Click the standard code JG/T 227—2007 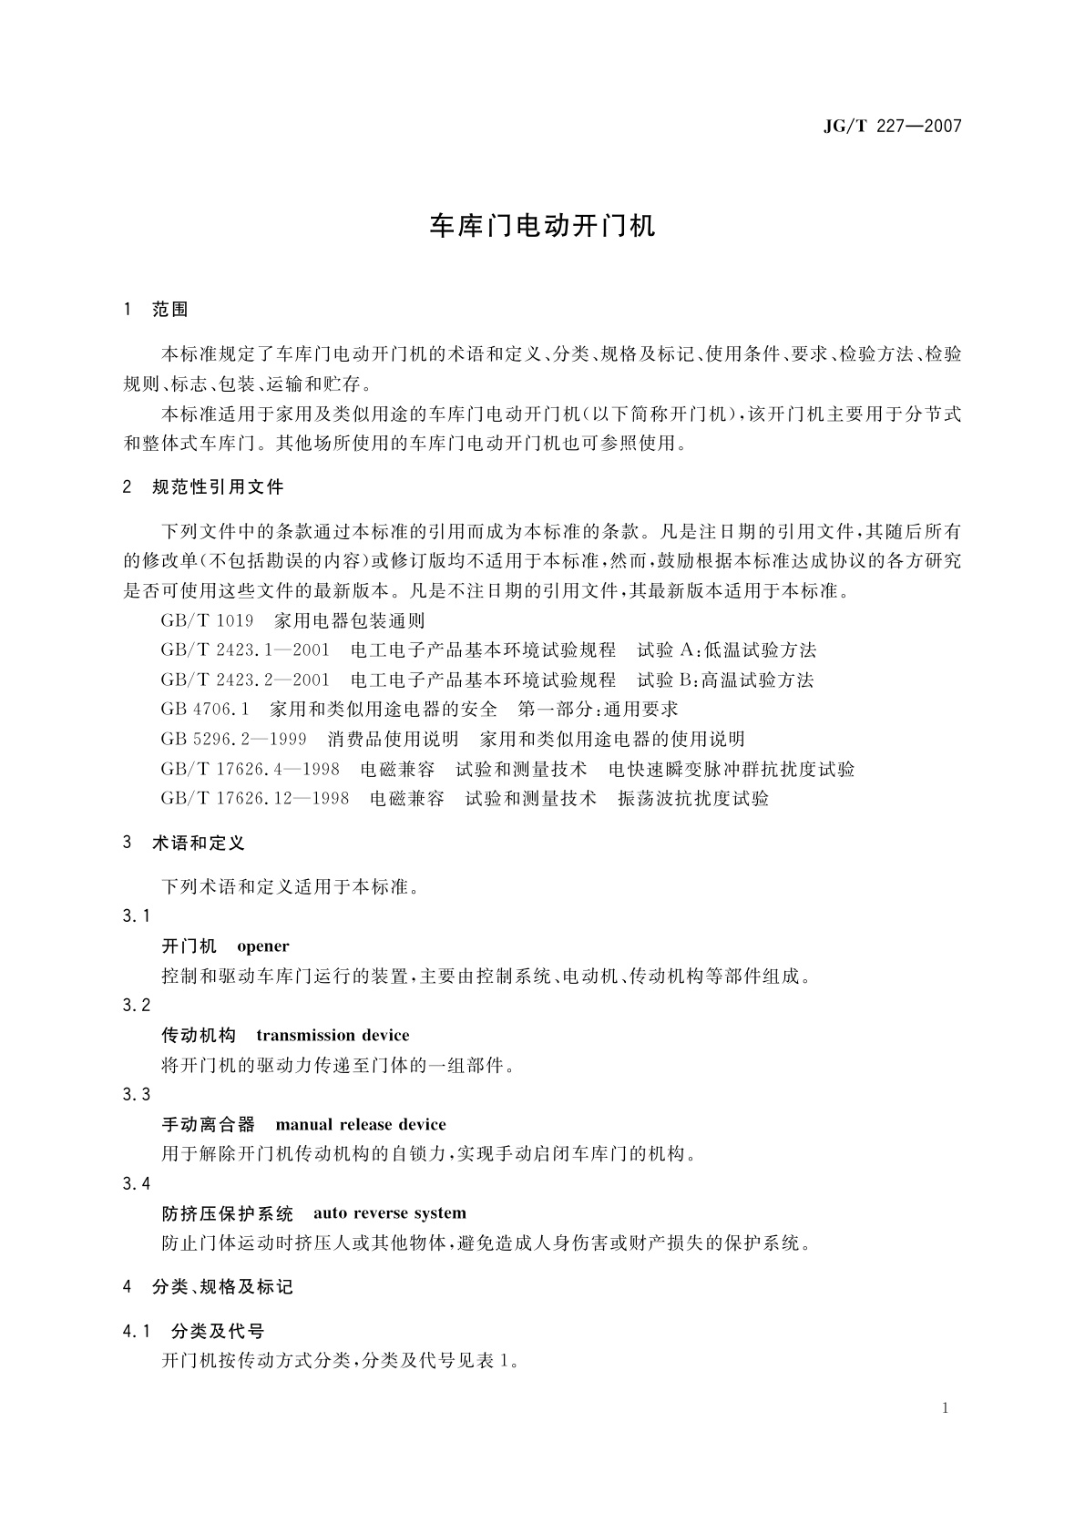coord(892,127)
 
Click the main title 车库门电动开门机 coord(542,227)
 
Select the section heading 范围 coord(170,310)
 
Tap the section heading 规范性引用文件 coord(218,487)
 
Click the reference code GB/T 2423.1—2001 coord(245,650)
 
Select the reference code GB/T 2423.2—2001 coord(245,680)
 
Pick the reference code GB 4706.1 coord(205,710)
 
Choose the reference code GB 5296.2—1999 coord(234,740)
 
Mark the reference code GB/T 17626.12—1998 coord(255,799)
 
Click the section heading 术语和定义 coord(199,844)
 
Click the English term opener coord(262,946)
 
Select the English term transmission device coord(333,1036)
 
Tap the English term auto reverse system coord(390,1213)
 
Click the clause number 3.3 coord(137,1095)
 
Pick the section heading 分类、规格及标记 coord(222,1287)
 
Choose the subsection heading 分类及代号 coord(218,1332)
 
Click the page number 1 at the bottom coord(946,1408)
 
